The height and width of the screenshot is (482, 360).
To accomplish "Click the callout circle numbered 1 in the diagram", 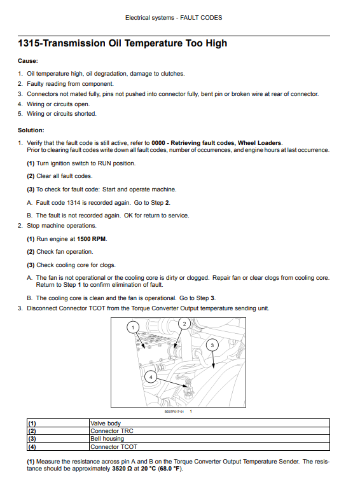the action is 133,327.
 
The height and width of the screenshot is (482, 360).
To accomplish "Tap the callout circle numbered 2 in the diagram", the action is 184,324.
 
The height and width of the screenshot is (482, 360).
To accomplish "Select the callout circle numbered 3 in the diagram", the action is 212,345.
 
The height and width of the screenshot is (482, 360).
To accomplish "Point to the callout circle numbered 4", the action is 151,377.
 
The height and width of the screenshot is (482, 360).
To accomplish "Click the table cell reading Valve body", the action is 209,423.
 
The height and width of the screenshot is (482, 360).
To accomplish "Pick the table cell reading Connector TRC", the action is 209,431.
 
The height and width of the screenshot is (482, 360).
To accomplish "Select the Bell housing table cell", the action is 209,439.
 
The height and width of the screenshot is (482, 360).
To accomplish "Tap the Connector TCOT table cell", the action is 209,446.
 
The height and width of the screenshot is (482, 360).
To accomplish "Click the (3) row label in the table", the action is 32,439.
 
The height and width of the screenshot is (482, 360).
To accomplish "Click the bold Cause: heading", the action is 28,61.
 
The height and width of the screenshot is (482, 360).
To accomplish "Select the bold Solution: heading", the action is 31,130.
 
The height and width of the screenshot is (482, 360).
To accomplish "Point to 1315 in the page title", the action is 28,43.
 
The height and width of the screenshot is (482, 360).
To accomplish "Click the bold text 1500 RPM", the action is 92,239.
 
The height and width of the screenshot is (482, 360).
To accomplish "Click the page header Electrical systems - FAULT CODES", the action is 174,18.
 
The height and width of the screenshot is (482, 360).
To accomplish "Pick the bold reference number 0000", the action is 158,143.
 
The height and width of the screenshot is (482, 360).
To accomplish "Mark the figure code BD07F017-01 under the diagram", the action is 174,411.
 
